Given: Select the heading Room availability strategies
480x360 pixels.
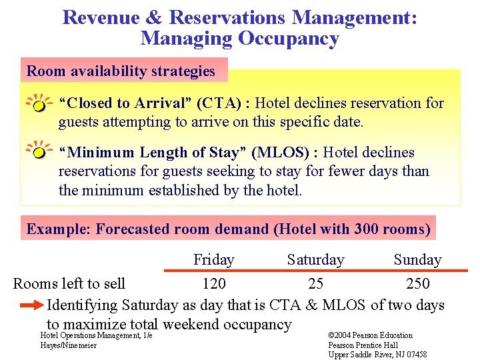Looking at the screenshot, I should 121,71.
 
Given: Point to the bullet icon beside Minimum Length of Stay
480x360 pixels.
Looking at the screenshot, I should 39,152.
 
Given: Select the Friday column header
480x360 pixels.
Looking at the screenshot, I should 213,259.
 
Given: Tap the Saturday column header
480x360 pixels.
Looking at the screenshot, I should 315,259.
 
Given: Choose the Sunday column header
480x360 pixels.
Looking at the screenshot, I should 417,259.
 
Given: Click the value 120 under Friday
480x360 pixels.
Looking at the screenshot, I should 213,284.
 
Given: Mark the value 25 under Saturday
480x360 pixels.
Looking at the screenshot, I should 315,284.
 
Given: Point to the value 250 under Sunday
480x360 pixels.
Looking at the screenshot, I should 417,284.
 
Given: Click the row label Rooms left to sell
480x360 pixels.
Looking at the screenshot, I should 69,284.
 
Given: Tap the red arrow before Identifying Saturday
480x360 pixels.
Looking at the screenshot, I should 31,306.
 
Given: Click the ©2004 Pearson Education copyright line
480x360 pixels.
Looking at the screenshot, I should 371,335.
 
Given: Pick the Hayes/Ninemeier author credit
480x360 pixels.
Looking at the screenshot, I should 69,345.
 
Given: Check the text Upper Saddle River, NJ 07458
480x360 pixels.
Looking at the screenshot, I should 377,355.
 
